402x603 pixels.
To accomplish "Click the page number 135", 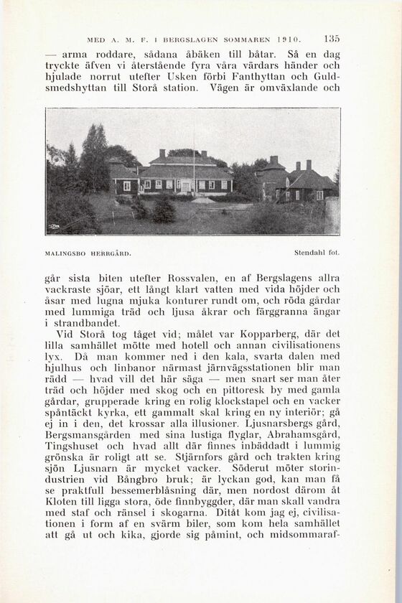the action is pyautogui.click(x=331, y=39).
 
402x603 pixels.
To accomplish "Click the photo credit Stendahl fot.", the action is pyautogui.click(x=317, y=253).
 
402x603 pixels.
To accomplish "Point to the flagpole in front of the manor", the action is pyautogui.click(x=193, y=162).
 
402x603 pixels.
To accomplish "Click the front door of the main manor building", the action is pyautogui.click(x=187, y=186).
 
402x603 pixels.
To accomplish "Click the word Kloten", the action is pyautogui.click(x=64, y=504).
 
